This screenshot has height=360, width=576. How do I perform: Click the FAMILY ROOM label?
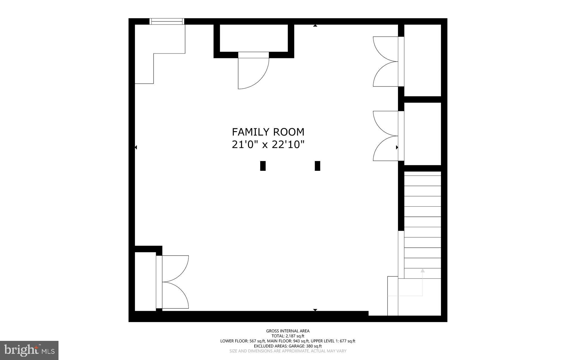click(268, 132)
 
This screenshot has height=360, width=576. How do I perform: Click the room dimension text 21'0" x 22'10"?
click(268, 145)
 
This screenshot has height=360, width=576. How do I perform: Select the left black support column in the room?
click(263, 166)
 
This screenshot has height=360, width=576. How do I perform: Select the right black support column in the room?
click(317, 166)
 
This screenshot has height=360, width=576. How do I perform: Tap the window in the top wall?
click(167, 21)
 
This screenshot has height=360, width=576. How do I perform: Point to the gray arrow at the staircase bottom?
click(422, 270)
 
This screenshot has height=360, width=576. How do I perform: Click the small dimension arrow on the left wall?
click(136, 147)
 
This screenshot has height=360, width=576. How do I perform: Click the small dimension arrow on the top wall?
click(315, 26)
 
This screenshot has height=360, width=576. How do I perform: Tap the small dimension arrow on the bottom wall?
click(315, 310)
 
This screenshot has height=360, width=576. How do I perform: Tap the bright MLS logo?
click(29, 350)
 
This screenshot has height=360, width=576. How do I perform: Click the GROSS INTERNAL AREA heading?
click(288, 331)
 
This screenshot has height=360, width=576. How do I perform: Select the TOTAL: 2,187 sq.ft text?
click(288, 336)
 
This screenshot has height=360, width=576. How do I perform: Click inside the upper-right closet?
click(422, 60)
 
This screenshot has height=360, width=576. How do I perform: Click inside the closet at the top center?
click(253, 38)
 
